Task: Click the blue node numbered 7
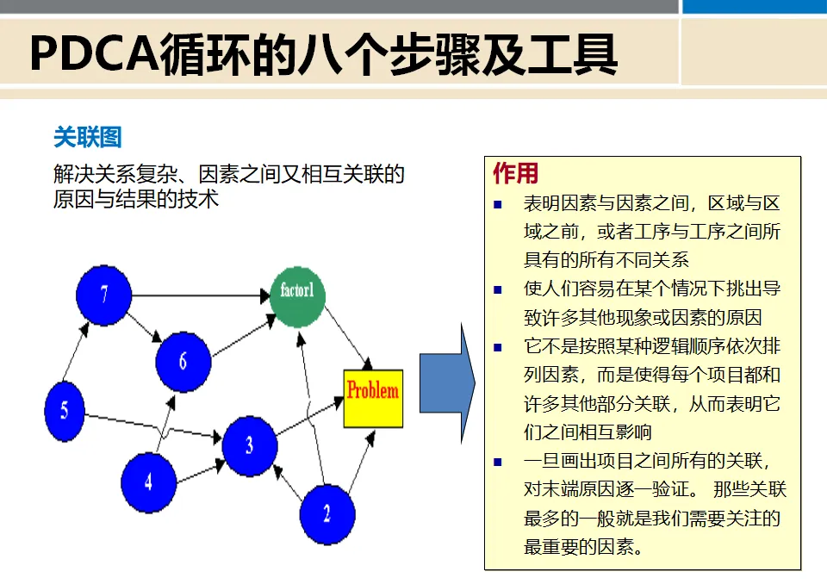click(x=103, y=295)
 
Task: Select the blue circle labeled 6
click(x=183, y=359)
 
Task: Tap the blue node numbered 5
click(x=65, y=410)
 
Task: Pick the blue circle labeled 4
click(x=148, y=480)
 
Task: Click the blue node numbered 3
click(x=250, y=445)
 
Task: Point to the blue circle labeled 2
click(x=326, y=514)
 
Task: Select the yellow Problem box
click(x=372, y=397)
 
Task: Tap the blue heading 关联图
click(x=87, y=138)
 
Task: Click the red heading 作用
click(x=515, y=174)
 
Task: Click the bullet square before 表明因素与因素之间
click(x=498, y=205)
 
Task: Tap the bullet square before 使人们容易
click(x=498, y=289)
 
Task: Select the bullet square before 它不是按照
click(x=498, y=347)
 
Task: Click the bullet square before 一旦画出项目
click(x=498, y=462)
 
